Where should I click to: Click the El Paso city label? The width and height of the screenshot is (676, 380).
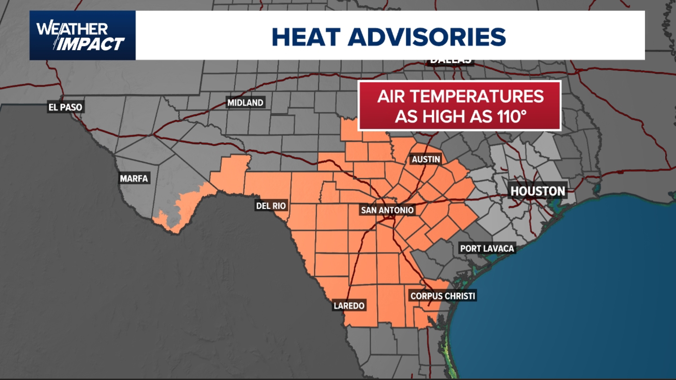pyautogui.click(x=65, y=107)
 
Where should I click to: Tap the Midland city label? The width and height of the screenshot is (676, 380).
pyautogui.click(x=245, y=103)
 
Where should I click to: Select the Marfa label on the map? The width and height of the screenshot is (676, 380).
pyautogui.click(x=134, y=178)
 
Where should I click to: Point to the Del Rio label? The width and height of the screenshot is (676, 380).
pyautogui.click(x=271, y=206)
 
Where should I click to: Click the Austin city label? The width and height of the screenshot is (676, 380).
pyautogui.click(x=426, y=159)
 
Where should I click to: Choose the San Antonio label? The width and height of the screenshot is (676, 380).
pyautogui.click(x=387, y=210)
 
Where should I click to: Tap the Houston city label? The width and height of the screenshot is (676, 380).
pyautogui.click(x=537, y=191)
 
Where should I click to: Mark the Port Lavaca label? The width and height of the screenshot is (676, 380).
pyautogui.click(x=487, y=248)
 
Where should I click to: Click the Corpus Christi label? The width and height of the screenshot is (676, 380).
pyautogui.click(x=443, y=296)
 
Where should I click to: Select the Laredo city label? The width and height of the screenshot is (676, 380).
pyautogui.click(x=349, y=305)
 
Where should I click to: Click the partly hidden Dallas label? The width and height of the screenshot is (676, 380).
pyautogui.click(x=451, y=62)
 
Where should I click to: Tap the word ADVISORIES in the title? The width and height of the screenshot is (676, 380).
pyautogui.click(x=427, y=37)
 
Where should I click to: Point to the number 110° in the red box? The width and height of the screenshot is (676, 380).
pyautogui.click(x=512, y=116)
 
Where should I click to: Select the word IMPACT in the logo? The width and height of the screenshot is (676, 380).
pyautogui.click(x=90, y=44)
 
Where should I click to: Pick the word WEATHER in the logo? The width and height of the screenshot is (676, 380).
pyautogui.click(x=72, y=29)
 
